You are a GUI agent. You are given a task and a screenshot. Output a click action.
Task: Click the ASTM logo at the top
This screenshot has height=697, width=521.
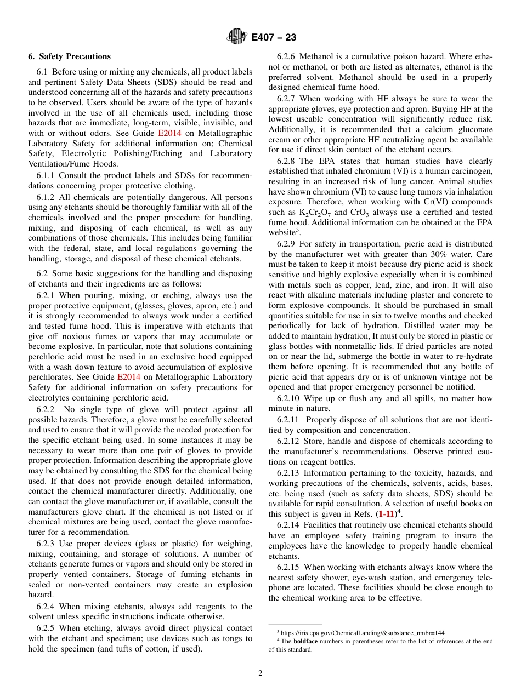pyautogui.click(x=237, y=37)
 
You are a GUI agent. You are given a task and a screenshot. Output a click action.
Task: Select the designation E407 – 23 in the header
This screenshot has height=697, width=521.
pyautogui.click(x=274, y=37)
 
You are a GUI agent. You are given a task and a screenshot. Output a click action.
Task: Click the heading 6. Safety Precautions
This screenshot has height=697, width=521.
pyautogui.click(x=69, y=56)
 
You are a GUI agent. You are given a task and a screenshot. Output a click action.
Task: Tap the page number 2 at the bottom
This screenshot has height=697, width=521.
pyautogui.click(x=260, y=673)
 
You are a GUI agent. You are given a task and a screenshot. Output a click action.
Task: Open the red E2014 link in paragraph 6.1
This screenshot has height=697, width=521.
pyautogui.click(x=168, y=133)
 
